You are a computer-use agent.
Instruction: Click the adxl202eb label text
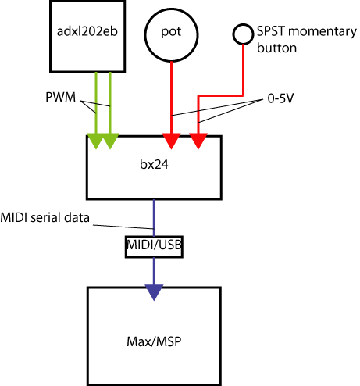[x=87, y=31]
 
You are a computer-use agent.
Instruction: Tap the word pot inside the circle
[x=171, y=32]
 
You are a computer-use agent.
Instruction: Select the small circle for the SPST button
[x=243, y=34]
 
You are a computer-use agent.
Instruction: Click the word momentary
[x=323, y=32]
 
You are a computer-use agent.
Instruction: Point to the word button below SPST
[x=276, y=48]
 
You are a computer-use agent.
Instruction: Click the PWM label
[x=60, y=97]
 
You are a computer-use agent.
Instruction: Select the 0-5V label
[x=280, y=98]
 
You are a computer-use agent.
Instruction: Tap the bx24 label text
[x=154, y=164]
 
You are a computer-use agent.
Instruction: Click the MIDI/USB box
[x=154, y=247]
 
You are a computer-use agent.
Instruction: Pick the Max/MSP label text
[x=154, y=341]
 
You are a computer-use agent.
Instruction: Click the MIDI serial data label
[x=45, y=217]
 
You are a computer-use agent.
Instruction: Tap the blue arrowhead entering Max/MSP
[x=154, y=292]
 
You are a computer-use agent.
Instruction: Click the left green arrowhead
[x=96, y=141]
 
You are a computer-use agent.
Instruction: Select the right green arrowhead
[x=110, y=141]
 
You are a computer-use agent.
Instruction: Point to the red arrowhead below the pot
[x=171, y=141]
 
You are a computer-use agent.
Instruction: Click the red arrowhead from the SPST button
[x=198, y=141]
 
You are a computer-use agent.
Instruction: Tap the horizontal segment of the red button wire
[x=221, y=95]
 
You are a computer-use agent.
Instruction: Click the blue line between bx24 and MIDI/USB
[x=154, y=218]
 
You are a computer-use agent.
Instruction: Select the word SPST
[x=271, y=31]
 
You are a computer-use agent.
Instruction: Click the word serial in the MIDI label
[x=46, y=217]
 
